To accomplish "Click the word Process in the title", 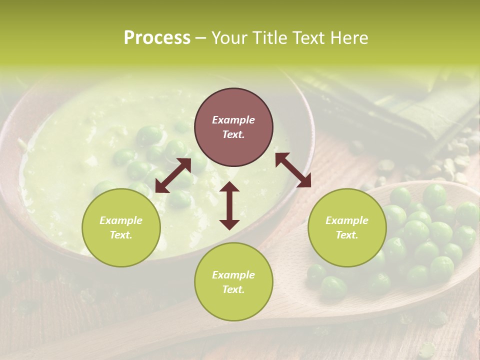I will click(x=157, y=38).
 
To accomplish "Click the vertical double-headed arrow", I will click(x=229, y=205).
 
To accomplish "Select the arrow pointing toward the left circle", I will click(x=173, y=175).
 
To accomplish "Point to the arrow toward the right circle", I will click(x=293, y=170).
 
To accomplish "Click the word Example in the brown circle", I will click(x=233, y=120).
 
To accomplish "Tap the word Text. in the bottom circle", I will click(x=233, y=289).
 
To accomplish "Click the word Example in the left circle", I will click(x=121, y=220).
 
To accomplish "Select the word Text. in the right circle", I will click(x=347, y=235).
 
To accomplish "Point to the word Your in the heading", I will click(x=228, y=38).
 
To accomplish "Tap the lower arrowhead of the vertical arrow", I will click(x=229, y=225).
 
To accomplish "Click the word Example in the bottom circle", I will click(x=233, y=275).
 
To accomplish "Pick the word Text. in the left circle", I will click(x=121, y=235).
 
